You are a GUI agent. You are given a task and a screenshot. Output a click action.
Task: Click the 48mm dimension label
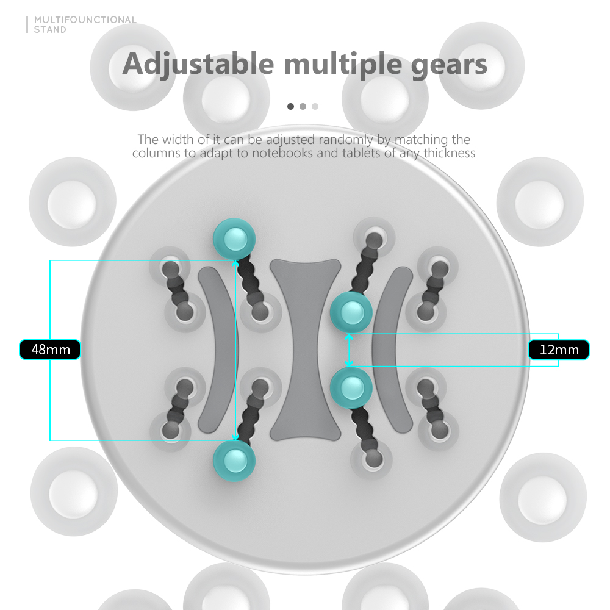tap(50, 350)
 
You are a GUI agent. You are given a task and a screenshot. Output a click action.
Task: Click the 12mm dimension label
tap(559, 350)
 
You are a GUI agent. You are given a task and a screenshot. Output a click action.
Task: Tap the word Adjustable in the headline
tap(198, 65)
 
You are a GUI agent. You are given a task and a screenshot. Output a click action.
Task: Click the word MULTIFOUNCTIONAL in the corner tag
tap(85, 20)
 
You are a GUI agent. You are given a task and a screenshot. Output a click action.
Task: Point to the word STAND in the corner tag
tap(50, 29)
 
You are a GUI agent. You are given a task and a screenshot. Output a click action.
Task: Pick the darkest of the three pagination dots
tap(290, 106)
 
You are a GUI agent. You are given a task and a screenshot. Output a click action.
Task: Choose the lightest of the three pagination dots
tap(315, 106)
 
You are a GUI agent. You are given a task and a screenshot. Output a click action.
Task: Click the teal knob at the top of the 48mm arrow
tap(235, 239)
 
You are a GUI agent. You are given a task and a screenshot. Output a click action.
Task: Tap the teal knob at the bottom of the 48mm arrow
tap(235, 461)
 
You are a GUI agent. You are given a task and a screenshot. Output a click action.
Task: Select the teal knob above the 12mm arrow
tap(351, 312)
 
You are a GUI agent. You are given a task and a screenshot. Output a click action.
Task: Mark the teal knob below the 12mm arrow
tap(351, 388)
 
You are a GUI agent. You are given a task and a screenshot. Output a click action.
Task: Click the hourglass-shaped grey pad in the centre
tap(306, 350)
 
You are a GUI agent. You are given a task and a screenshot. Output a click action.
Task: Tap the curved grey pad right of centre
tap(392, 350)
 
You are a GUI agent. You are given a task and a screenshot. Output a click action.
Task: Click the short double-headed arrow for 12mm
tap(349, 350)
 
